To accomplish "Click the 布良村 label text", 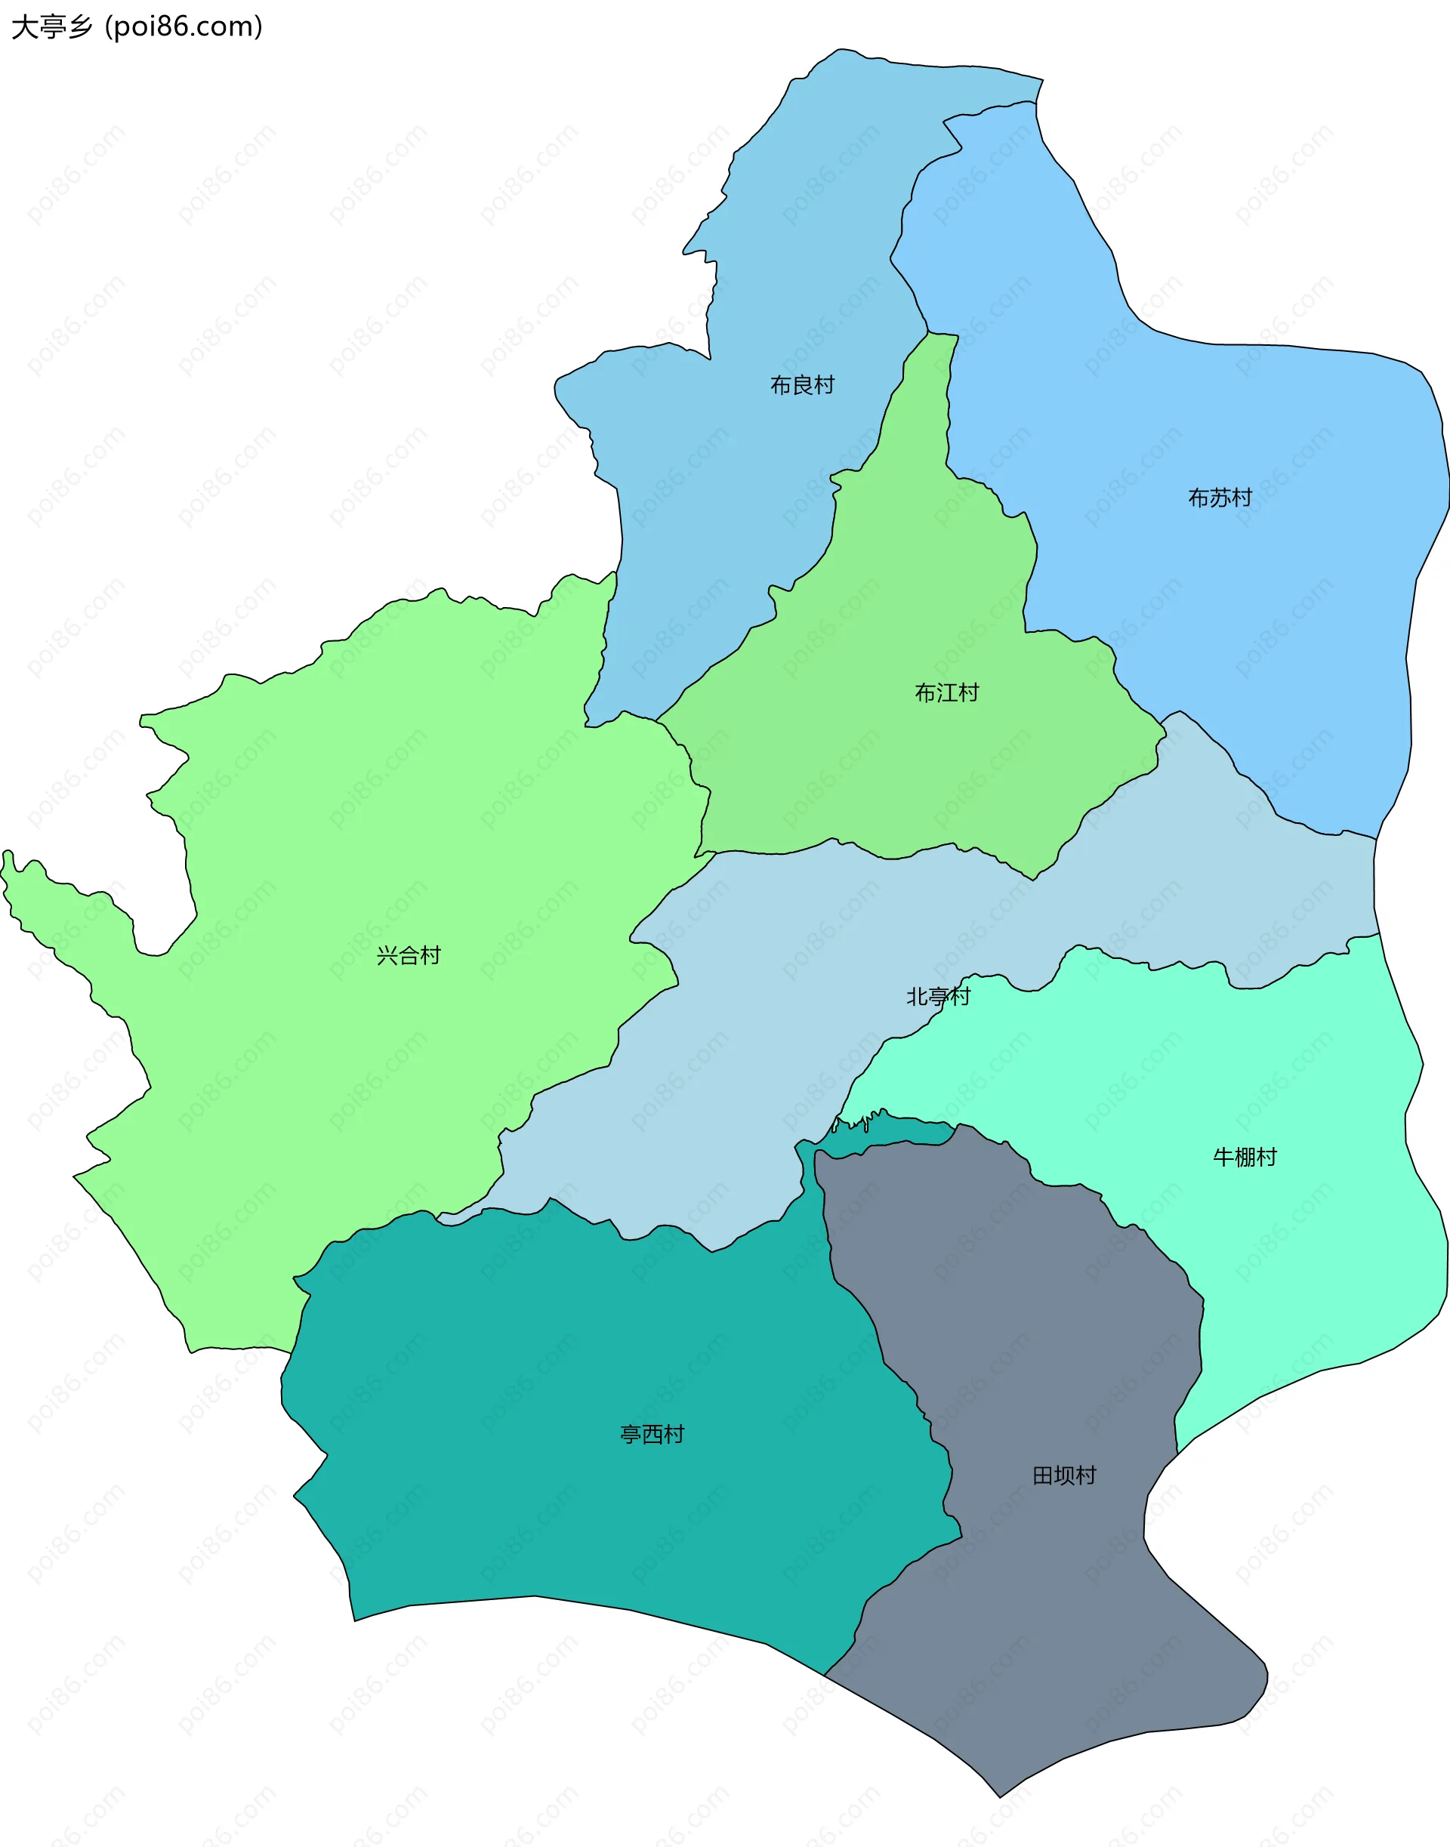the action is click(801, 385).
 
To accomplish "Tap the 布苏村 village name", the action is click(1219, 498).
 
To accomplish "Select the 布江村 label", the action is click(946, 692).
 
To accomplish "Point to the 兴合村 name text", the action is click(409, 956).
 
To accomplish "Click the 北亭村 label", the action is click(937, 997).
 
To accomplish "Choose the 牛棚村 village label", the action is click(1245, 1157).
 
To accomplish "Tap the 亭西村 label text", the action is click(652, 1435).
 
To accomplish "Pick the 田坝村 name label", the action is click(1064, 1475).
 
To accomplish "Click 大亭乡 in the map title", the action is click(51, 27).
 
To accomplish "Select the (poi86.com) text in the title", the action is click(184, 27).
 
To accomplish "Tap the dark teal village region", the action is click(594, 1511).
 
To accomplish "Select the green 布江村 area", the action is click(891, 764).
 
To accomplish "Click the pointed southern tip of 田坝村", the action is click(1000, 1795).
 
